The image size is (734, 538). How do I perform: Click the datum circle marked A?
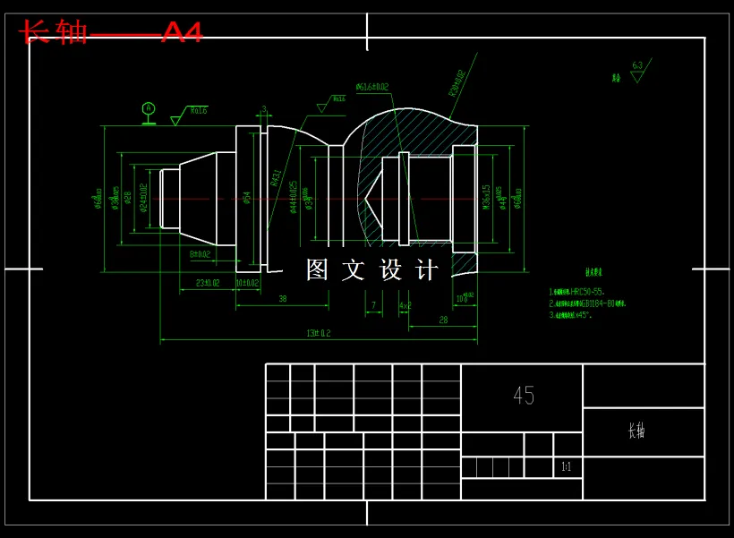pyautogui.click(x=149, y=108)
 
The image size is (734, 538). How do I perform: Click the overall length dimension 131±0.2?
pyautogui.click(x=319, y=333)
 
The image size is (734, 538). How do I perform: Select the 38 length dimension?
pyautogui.click(x=282, y=299)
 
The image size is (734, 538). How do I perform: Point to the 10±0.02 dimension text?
pyautogui.click(x=247, y=283)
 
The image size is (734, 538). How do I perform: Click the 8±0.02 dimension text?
pyautogui.click(x=200, y=254)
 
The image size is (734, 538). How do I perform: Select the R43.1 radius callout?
pyautogui.click(x=275, y=176)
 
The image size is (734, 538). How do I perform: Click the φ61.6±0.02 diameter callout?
pyautogui.click(x=371, y=87)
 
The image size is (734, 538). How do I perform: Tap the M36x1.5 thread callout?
pyautogui.click(x=486, y=198)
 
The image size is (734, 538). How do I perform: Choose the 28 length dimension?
pyautogui.click(x=443, y=320)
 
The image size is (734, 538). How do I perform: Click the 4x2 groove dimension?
pyautogui.click(x=405, y=305)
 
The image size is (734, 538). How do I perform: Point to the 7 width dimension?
pyautogui.click(x=373, y=305)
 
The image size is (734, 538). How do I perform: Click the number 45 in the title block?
pyautogui.click(x=524, y=396)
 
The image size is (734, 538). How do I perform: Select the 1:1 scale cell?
pyautogui.click(x=566, y=467)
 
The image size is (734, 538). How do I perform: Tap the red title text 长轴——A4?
pyautogui.click(x=111, y=32)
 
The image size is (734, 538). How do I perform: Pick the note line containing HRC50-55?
pyautogui.click(x=577, y=292)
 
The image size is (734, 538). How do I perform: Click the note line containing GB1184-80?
pyautogui.click(x=588, y=303)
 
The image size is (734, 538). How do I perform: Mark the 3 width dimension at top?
pyautogui.click(x=264, y=110)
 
